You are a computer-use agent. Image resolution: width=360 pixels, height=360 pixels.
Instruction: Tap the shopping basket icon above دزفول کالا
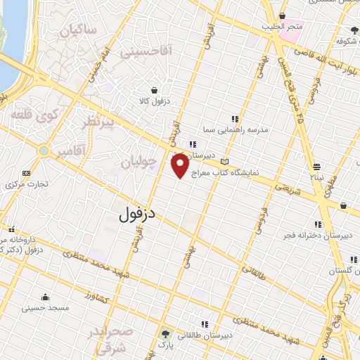tap(154, 89)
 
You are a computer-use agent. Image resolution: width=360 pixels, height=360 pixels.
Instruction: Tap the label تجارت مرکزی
tap(27, 185)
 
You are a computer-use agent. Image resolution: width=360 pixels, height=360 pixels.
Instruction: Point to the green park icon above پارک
tap(167, 333)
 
